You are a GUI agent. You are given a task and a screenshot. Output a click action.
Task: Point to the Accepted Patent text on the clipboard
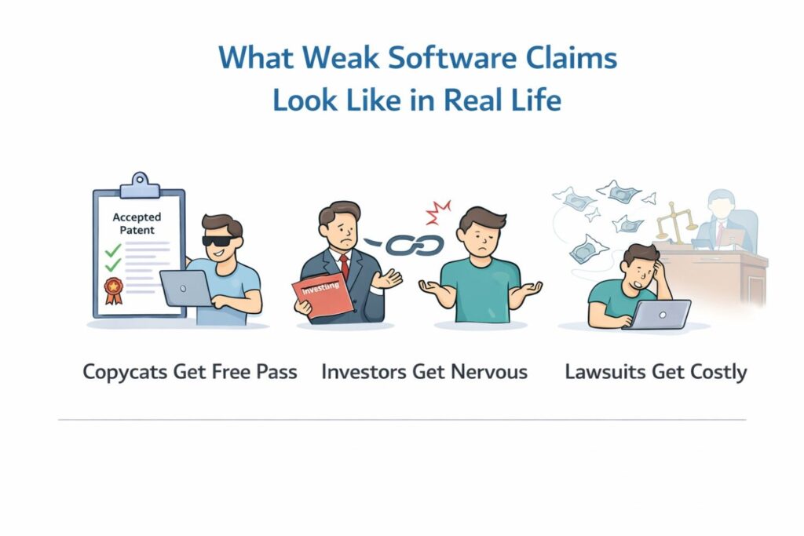(137, 224)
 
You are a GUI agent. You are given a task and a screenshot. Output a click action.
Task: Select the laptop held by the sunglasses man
(185, 288)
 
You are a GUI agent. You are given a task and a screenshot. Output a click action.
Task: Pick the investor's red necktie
(344, 267)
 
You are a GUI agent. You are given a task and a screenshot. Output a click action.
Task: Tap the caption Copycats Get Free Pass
(190, 371)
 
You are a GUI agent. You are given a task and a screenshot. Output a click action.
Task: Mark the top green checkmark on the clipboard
(113, 251)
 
